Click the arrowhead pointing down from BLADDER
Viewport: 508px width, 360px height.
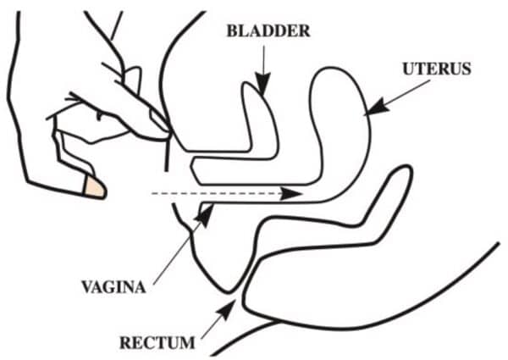(x=263, y=85)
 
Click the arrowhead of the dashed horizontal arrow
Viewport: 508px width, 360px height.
(x=293, y=194)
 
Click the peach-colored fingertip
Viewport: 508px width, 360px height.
(x=96, y=187)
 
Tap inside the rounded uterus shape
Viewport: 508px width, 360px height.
(x=343, y=110)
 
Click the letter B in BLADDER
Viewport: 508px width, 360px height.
(x=231, y=32)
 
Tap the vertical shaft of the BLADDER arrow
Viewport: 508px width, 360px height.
(x=263, y=59)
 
